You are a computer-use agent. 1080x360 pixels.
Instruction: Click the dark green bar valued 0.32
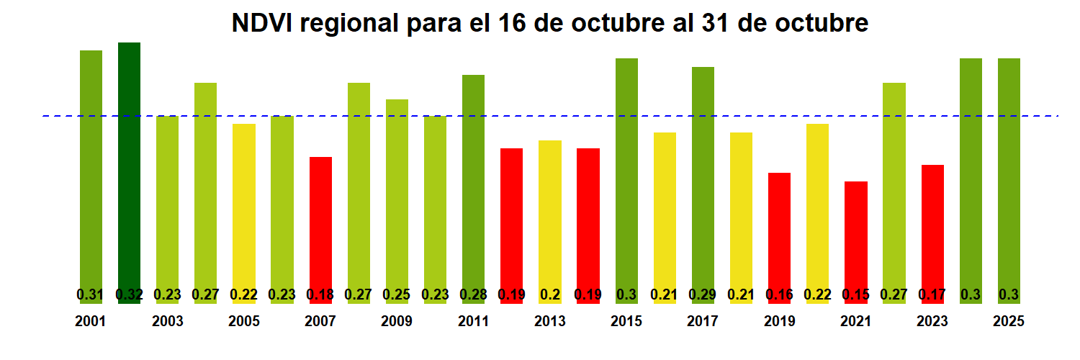[x=129, y=173]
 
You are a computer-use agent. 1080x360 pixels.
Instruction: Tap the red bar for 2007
[x=320, y=223]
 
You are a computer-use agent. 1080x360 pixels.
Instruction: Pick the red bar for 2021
[x=856, y=238]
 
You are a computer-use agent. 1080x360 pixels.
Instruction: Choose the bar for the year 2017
[x=703, y=180]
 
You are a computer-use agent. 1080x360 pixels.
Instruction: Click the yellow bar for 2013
[x=550, y=216]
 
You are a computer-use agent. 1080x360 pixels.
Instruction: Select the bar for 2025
[x=1009, y=173]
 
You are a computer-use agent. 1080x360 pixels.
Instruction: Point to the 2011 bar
[x=473, y=180]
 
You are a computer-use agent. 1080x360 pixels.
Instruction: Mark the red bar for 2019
[x=779, y=230]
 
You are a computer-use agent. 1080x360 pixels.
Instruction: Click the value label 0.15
[x=856, y=294]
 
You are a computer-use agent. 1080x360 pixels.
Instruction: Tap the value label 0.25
[x=397, y=294]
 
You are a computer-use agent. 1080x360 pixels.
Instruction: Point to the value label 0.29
[x=703, y=294]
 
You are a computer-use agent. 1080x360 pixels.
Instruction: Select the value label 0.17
[x=932, y=294]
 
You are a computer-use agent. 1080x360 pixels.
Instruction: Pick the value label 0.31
[x=91, y=294]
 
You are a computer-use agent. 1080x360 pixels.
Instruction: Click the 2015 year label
[x=626, y=322]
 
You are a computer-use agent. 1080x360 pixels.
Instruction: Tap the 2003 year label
[x=167, y=322]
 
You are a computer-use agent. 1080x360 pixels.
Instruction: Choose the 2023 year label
[x=932, y=322]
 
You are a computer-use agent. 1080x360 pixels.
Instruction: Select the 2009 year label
[x=397, y=322]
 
